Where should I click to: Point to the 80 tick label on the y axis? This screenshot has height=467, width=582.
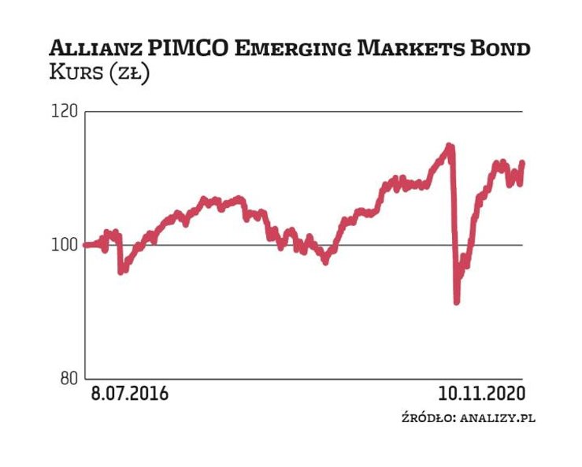tap(69, 377)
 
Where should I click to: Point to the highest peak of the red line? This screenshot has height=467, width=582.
tap(449, 146)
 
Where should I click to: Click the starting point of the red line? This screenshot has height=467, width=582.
tap(85, 244)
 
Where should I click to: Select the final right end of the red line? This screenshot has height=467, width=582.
tap(521, 163)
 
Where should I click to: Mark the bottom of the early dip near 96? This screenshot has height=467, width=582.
tap(121, 272)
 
